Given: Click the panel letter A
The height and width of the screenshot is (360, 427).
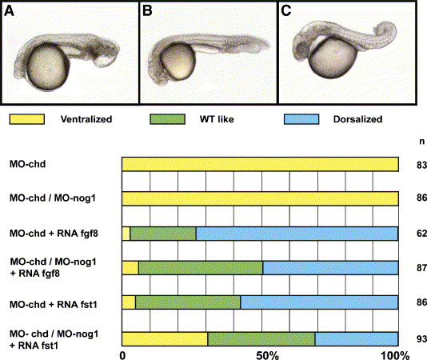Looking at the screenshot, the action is tap(10, 11).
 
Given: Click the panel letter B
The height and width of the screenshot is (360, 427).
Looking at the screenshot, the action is tap(147, 11).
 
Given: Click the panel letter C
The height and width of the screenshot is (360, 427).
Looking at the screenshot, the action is tap(286, 11).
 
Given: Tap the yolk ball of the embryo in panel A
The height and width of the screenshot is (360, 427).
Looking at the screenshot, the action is tap(48, 67).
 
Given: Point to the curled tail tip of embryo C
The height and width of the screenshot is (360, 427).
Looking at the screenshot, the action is tap(387, 30).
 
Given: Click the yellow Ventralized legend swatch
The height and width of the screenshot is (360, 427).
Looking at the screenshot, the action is tap(27, 119).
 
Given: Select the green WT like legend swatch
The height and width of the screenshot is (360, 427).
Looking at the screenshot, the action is tap(167, 119).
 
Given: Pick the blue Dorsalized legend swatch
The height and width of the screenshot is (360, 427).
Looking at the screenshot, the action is tap(301, 119).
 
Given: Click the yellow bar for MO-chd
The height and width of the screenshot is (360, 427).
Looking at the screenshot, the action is tap(260, 164).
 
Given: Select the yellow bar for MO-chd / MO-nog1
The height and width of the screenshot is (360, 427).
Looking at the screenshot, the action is tap(260, 198).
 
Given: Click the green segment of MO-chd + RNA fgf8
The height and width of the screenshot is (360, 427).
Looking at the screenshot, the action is tap(163, 234).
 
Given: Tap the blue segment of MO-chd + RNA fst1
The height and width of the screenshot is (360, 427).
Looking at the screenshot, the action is tap(319, 302).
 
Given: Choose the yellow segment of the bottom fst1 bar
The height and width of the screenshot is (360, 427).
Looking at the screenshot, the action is tap(165, 339).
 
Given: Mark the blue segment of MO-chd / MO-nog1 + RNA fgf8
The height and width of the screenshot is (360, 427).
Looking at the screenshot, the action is tap(330, 268).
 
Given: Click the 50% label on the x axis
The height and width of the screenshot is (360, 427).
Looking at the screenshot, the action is tap(267, 355).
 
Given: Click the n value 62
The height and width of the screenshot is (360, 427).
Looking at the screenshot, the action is tap(421, 234).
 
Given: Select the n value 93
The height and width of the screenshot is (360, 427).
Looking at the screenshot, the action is tap(421, 338).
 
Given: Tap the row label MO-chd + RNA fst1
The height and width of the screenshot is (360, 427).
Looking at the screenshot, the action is tap(54, 304).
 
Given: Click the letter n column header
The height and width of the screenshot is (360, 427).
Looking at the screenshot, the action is tap(422, 142).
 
